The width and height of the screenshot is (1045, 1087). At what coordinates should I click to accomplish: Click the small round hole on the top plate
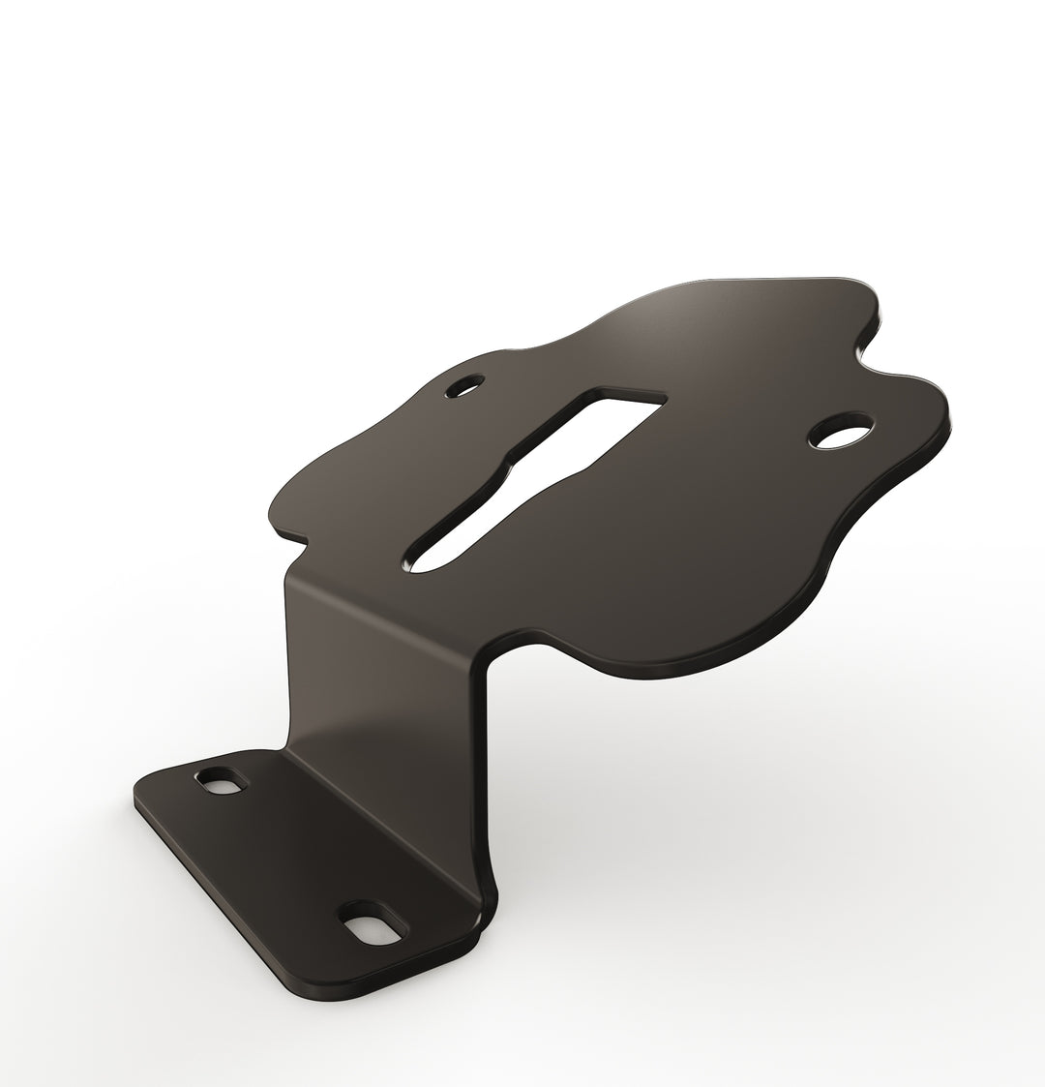468,386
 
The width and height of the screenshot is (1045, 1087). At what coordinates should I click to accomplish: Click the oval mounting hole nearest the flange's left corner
219,781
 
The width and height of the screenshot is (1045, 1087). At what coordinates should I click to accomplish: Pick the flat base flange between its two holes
290,852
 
